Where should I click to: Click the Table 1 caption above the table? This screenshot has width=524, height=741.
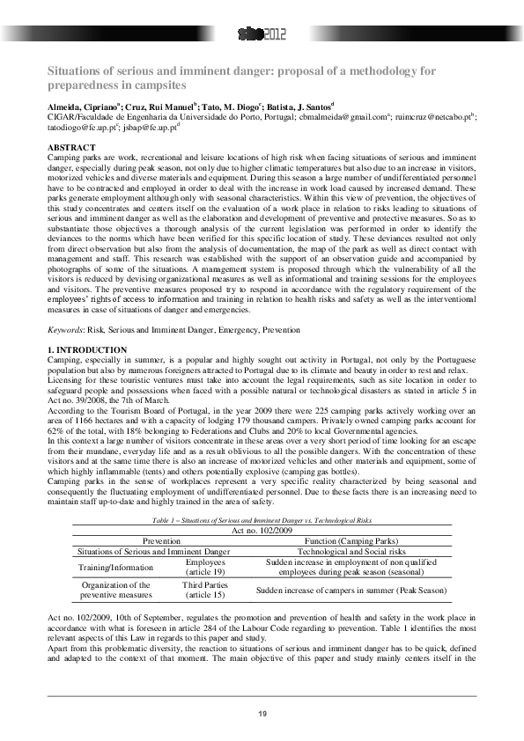coord(262,523)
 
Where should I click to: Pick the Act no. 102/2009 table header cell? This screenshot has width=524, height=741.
coord(262,531)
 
